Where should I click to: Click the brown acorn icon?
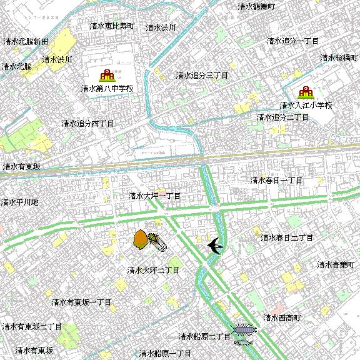pyautogui.click(x=141, y=239)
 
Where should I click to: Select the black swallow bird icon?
pyautogui.click(x=215, y=246)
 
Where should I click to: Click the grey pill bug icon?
pyautogui.click(x=244, y=329)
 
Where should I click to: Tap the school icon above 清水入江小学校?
pyautogui.click(x=306, y=92)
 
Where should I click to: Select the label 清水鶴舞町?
pyautogui.click(x=256, y=6)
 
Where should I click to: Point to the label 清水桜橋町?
pyautogui.click(x=340, y=57)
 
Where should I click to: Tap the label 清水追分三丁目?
pyautogui.click(x=201, y=75)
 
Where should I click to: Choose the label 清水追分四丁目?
pyautogui.click(x=87, y=124)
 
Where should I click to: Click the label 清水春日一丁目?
pyautogui.click(x=276, y=180)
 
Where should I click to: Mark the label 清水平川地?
pyautogui.click(x=19, y=202)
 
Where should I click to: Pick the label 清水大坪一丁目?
pyautogui.click(x=154, y=196)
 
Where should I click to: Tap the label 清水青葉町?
pyautogui.click(x=337, y=264)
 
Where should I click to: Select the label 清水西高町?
pyautogui.click(x=282, y=317)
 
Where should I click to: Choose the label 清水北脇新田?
pyautogui.click(x=26, y=41)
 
